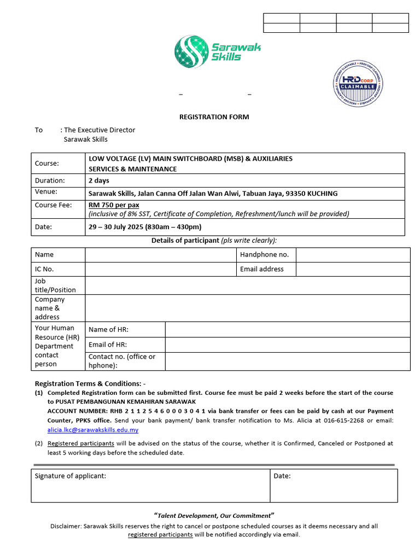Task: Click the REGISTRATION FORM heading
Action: [x=214, y=117]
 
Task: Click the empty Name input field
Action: [x=161, y=255]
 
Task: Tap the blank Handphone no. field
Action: [x=353, y=255]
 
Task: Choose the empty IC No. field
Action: [x=161, y=269]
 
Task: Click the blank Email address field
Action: [x=353, y=269]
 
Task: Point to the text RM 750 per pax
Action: [x=114, y=205]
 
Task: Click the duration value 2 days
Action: [x=99, y=180]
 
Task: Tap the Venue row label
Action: [x=46, y=192]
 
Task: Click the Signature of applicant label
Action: [x=71, y=476]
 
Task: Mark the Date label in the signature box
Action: [x=282, y=476]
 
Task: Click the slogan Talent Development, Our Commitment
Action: [x=214, y=516]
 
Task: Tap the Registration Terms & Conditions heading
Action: [x=90, y=383]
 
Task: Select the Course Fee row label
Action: [x=54, y=205]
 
